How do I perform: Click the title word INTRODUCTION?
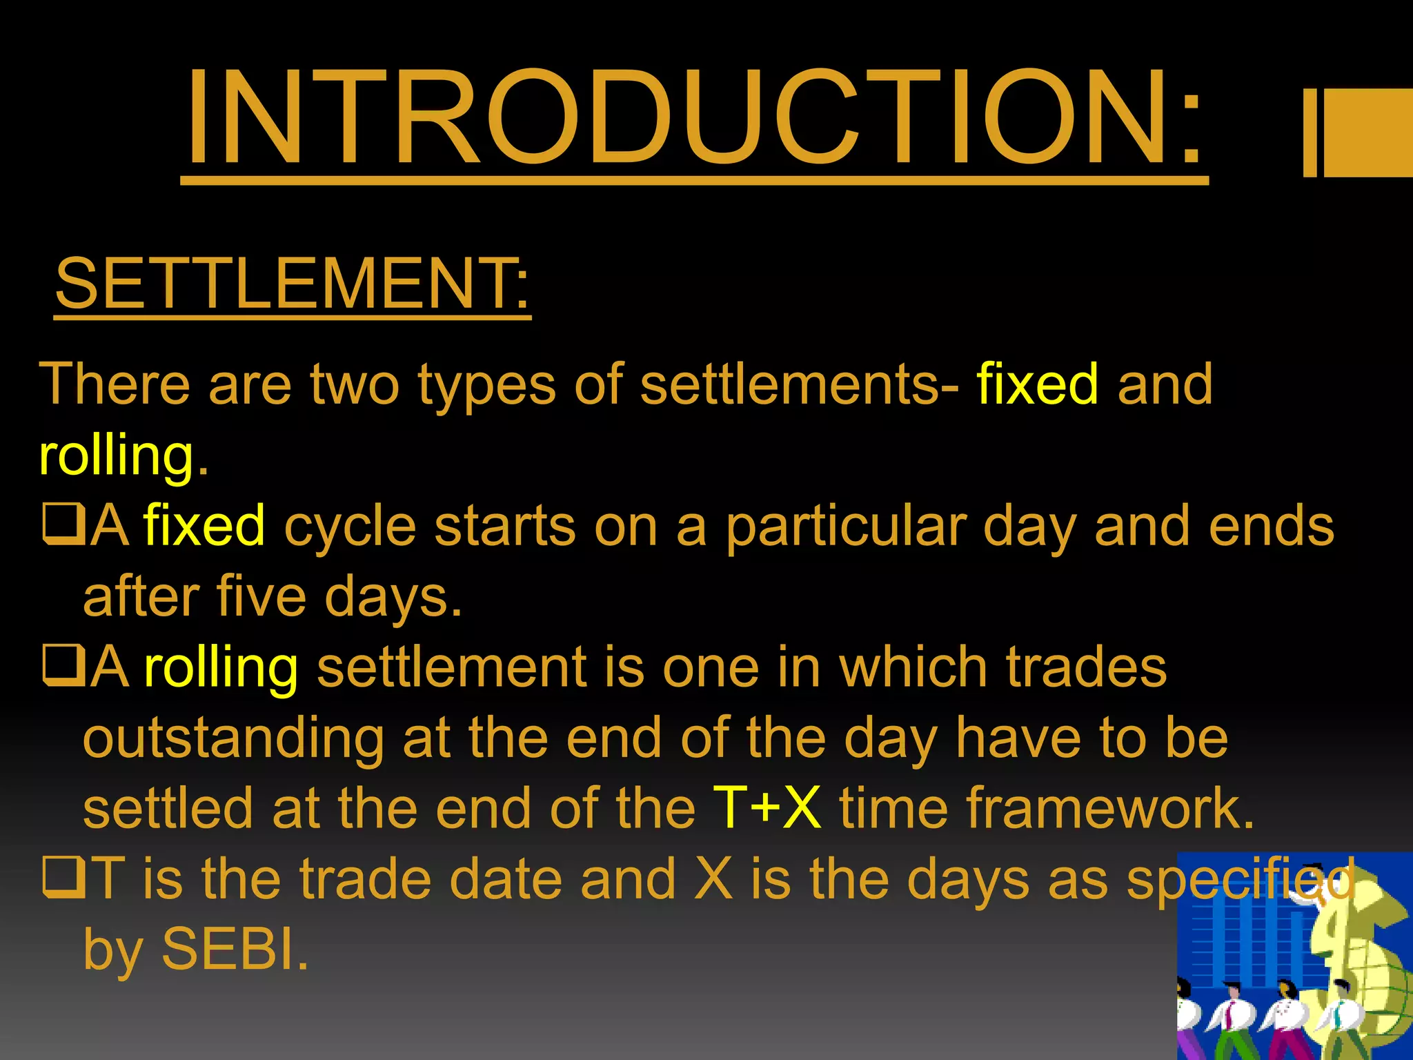[x=693, y=119]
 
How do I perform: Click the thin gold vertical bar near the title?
[x=1310, y=132]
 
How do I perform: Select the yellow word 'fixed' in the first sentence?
[x=1037, y=384]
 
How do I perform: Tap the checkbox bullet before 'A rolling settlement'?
[x=63, y=667]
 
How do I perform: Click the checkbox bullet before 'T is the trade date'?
[x=63, y=879]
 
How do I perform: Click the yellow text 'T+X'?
[x=767, y=807]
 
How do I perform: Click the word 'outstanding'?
[x=233, y=738]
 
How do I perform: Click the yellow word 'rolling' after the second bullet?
[x=221, y=668]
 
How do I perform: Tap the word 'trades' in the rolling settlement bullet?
[x=1087, y=667]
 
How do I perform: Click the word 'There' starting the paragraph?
[x=115, y=384]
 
